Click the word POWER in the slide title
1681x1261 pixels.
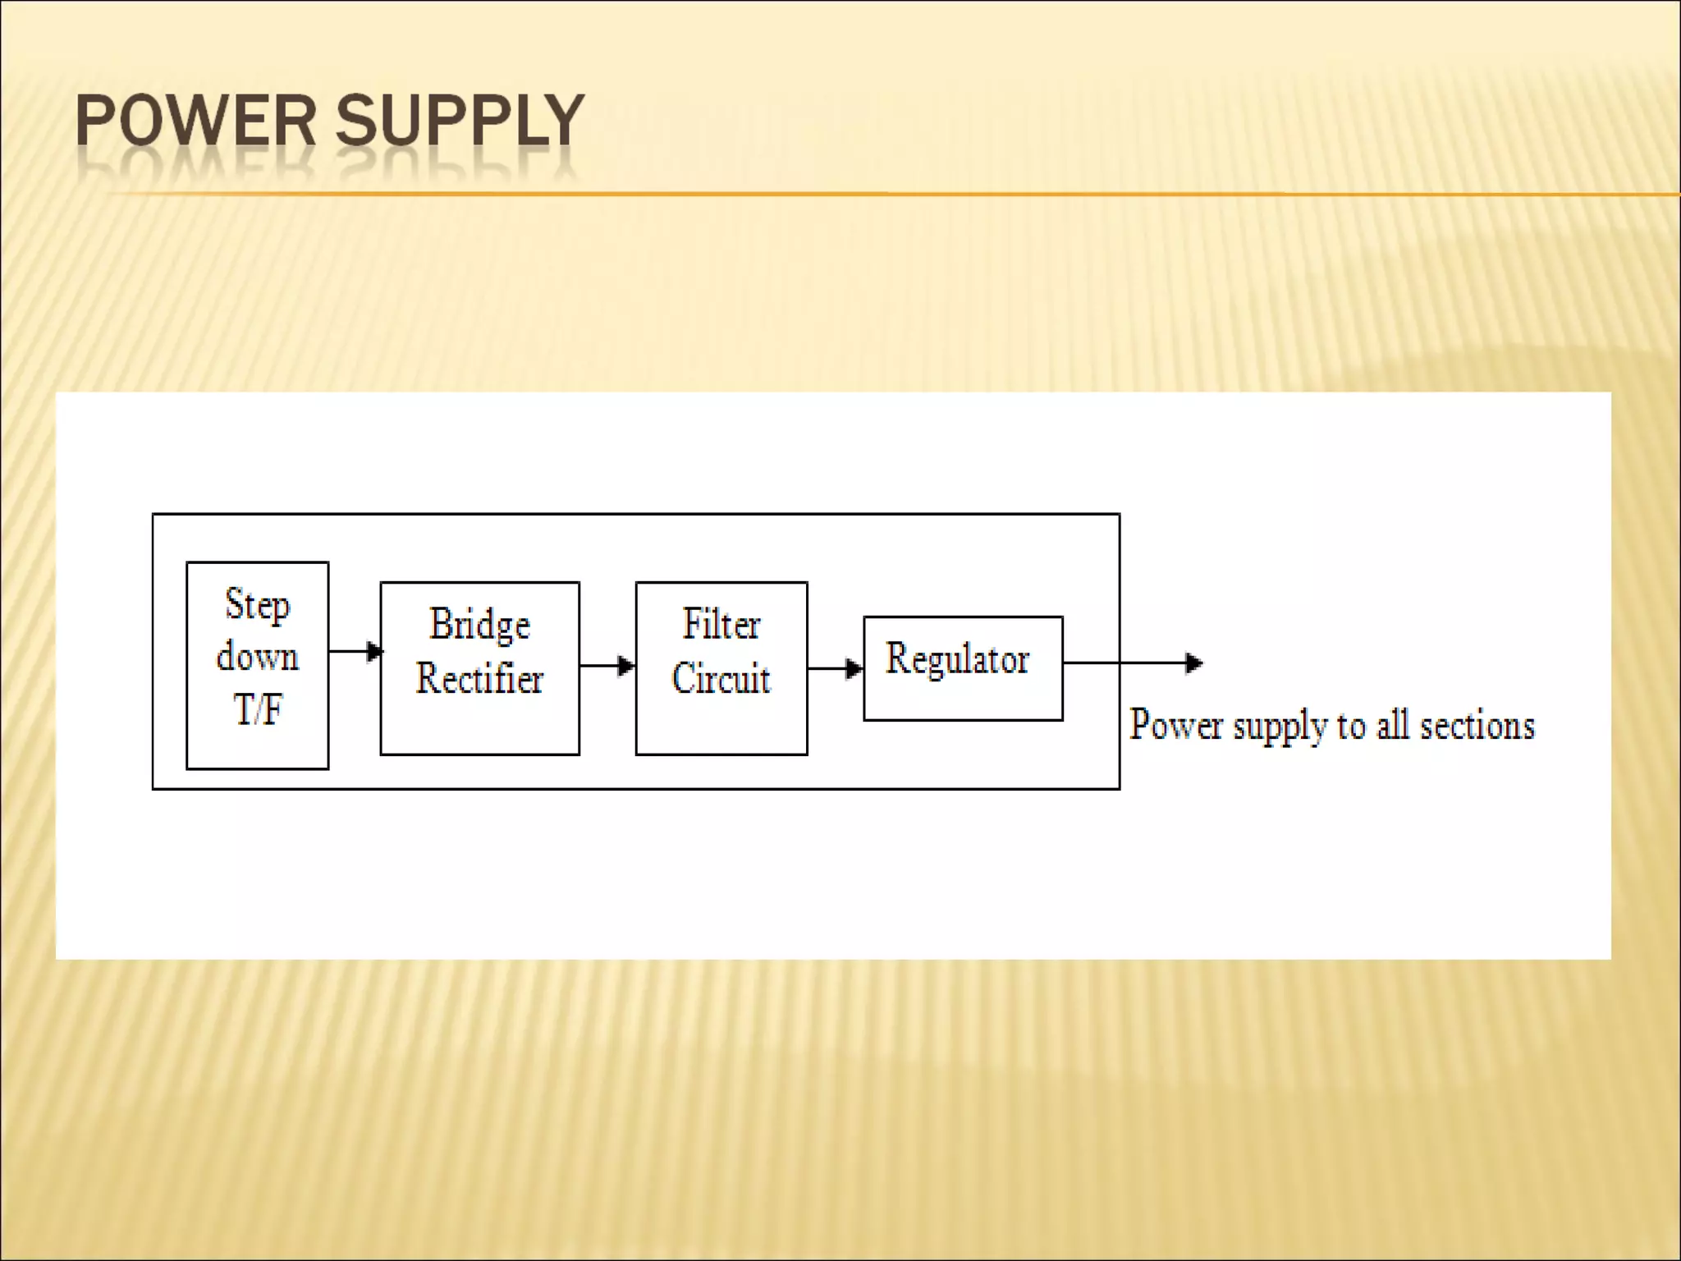(195, 121)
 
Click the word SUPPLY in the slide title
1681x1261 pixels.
(460, 121)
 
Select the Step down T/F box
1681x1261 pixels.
(258, 665)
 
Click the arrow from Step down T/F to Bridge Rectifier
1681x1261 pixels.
(355, 651)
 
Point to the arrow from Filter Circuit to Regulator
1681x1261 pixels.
(835, 668)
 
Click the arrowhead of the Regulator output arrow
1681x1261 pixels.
(1194, 663)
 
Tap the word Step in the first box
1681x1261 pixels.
(258, 606)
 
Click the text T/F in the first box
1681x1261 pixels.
(258, 708)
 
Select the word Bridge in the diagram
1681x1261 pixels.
(480, 626)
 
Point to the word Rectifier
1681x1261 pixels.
(480, 679)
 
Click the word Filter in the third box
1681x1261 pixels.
(721, 624)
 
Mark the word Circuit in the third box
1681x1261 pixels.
(721, 679)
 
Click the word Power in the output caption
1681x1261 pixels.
(1176, 725)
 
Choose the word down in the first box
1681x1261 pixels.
(258, 657)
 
